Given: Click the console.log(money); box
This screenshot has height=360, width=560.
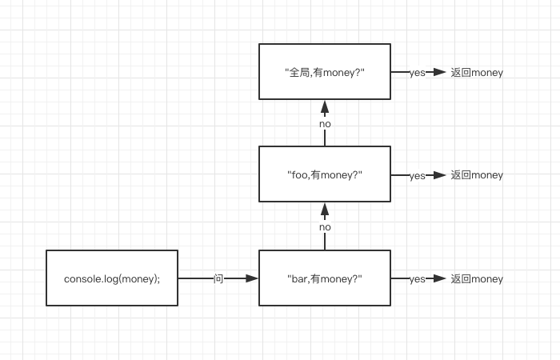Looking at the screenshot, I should pos(112,278).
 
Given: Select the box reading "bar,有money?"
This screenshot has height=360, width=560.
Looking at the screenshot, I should pos(325,278).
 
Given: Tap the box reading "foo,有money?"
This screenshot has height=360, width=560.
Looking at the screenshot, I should pos(325,174).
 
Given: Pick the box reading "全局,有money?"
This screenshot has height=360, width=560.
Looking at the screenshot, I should pos(325,72).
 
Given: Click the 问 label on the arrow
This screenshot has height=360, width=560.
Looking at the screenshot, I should pos(218,278).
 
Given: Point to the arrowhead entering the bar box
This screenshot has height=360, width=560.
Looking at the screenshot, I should pos(252,278).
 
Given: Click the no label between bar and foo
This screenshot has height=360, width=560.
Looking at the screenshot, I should pos(325,227).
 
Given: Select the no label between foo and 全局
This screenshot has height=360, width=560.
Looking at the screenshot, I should pos(325,124).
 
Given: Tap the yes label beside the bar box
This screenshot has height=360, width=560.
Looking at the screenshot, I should pos(417,279).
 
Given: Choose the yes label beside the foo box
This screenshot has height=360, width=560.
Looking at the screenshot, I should pos(417,176).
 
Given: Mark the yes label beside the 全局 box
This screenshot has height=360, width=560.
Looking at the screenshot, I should pos(417,73).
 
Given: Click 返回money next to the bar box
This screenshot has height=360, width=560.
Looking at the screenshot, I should pos(477,278).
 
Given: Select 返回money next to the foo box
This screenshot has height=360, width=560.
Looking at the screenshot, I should pos(477,175).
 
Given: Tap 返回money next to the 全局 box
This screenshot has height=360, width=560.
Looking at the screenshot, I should pos(477,72).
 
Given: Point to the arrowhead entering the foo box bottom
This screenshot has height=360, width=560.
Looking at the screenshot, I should pos(325,210).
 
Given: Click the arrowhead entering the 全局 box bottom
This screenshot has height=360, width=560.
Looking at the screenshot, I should pos(325,106).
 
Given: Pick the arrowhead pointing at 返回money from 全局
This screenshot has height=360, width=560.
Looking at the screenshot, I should pos(439,72).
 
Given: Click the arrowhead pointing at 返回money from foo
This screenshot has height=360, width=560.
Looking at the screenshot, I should pos(439,175).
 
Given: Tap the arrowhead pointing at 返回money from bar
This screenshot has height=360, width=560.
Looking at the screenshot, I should pos(439,278).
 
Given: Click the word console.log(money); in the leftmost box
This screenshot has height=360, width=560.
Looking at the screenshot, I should pos(112,278).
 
